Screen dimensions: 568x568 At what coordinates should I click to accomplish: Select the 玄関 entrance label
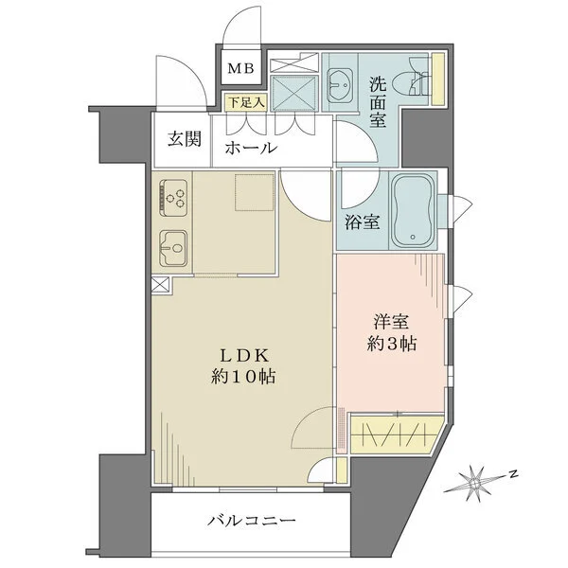tap(184, 138)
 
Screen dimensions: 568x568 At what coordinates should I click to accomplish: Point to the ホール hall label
tap(250, 148)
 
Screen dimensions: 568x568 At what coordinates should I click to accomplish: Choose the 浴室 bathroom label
tap(364, 223)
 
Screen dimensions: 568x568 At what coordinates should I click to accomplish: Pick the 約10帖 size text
tap(245, 377)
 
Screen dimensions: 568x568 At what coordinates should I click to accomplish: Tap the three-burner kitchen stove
tap(173, 195)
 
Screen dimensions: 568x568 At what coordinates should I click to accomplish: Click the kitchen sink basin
tap(173, 248)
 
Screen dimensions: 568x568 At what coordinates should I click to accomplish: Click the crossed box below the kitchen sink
tap(158, 285)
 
